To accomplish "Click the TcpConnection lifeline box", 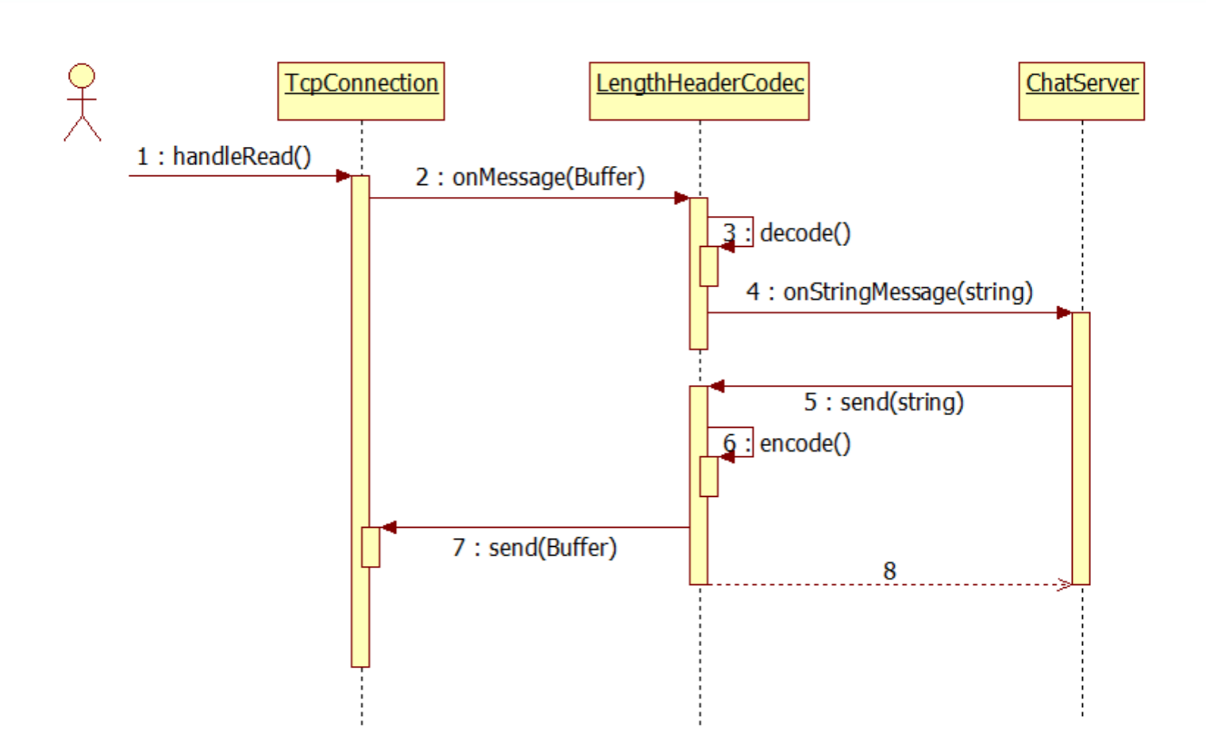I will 361,90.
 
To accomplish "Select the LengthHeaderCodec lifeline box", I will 699,90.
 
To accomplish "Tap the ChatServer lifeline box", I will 1081,90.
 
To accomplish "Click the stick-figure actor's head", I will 82,76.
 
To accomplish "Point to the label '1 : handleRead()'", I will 224,156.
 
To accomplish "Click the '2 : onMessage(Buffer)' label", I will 530,177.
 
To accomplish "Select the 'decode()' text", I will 805,233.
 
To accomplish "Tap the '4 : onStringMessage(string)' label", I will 889,292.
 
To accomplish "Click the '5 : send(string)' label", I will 884,402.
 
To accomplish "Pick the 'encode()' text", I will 805,444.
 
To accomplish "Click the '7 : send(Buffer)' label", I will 535,548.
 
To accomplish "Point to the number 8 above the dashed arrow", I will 889,571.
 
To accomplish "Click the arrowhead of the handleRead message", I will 344,176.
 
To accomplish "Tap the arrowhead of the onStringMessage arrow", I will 1064,313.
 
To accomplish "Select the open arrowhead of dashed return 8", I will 1065,585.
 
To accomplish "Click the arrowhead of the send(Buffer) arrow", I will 388,527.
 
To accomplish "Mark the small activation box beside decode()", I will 709,266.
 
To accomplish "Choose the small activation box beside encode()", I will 709,476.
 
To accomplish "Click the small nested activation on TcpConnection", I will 371,547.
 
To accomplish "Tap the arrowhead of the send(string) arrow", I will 716,387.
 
